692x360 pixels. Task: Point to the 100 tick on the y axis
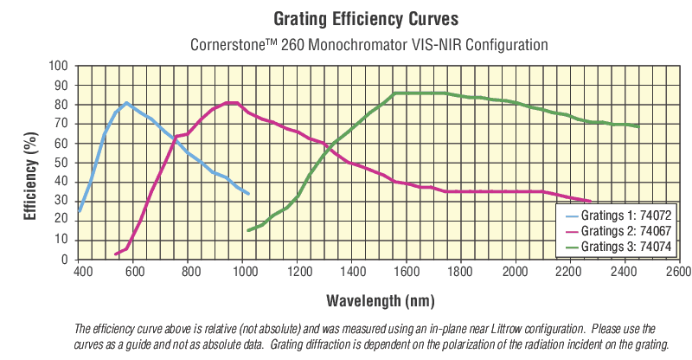(58, 66)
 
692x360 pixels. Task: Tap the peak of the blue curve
(126, 103)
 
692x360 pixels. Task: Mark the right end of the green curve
(638, 126)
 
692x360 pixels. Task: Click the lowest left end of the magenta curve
(115, 254)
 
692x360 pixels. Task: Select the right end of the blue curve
(249, 193)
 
